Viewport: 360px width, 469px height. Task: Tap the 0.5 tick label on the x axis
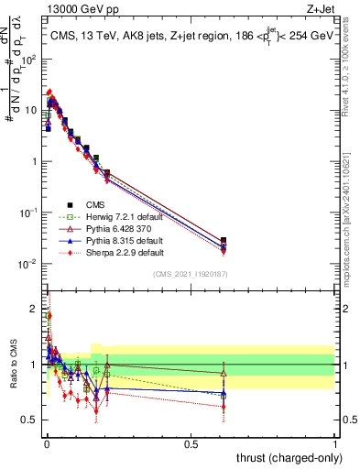tap(191, 443)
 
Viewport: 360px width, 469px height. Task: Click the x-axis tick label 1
tap(334, 443)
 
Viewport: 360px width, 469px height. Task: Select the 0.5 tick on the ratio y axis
tap(30, 420)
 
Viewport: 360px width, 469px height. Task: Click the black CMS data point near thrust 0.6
tap(224, 240)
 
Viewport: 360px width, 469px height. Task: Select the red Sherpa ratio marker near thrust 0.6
tap(224, 407)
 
